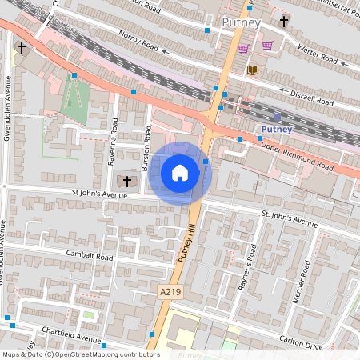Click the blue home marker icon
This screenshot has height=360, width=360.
pyautogui.click(x=180, y=172)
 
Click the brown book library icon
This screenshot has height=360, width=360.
pyautogui.click(x=253, y=70)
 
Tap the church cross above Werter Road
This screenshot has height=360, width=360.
pyautogui.click(x=284, y=21)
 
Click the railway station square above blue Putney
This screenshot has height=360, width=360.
pyautogui.click(x=277, y=117)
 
